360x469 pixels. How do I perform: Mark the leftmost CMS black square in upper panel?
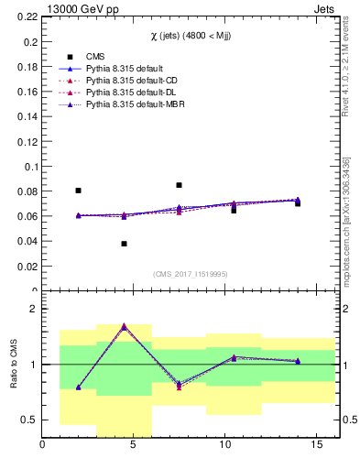pyautogui.click(x=79, y=191)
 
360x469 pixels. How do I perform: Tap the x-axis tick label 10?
pyautogui.click(x=224, y=445)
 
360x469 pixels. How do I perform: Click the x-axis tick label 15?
pyautogui.click(x=316, y=445)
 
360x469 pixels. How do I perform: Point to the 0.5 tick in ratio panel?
pyautogui.click(x=29, y=420)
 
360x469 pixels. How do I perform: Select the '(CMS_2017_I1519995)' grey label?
pyautogui.click(x=190, y=274)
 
